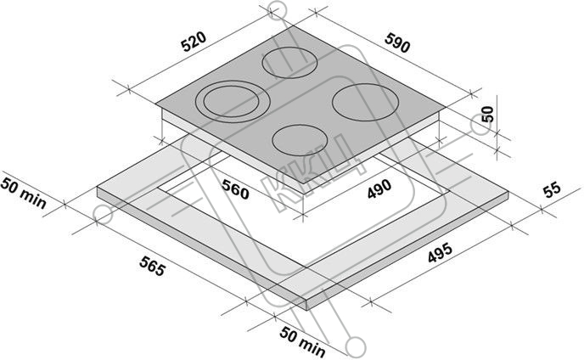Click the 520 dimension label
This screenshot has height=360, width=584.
click(x=193, y=41)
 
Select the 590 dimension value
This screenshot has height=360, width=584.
click(x=397, y=42)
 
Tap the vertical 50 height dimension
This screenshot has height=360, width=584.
click(x=487, y=114)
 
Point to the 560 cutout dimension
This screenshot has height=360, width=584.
click(x=235, y=188)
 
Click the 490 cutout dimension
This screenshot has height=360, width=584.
click(x=379, y=189)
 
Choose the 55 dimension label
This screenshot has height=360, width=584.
click(x=552, y=189)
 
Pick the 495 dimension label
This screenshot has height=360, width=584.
click(x=440, y=253)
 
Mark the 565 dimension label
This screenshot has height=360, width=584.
click(x=152, y=266)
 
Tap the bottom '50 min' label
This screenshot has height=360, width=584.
click(x=302, y=341)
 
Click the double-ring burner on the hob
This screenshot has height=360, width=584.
click(x=232, y=101)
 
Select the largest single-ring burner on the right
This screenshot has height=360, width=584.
click(x=365, y=101)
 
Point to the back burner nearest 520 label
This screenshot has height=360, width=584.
click(x=290, y=63)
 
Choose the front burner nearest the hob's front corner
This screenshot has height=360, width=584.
click(x=300, y=140)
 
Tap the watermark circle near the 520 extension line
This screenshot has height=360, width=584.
click(x=277, y=10)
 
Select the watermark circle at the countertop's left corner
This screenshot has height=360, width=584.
click(x=104, y=214)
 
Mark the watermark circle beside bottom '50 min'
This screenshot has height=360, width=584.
click(x=357, y=346)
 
